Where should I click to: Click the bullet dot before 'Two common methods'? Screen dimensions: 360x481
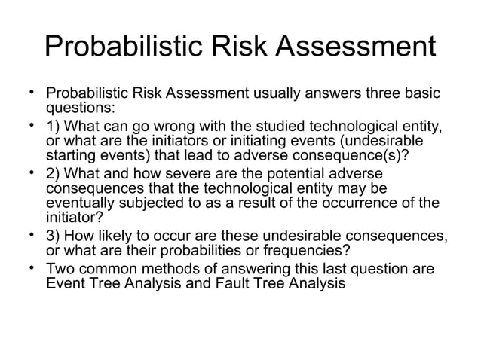coord(33,271)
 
